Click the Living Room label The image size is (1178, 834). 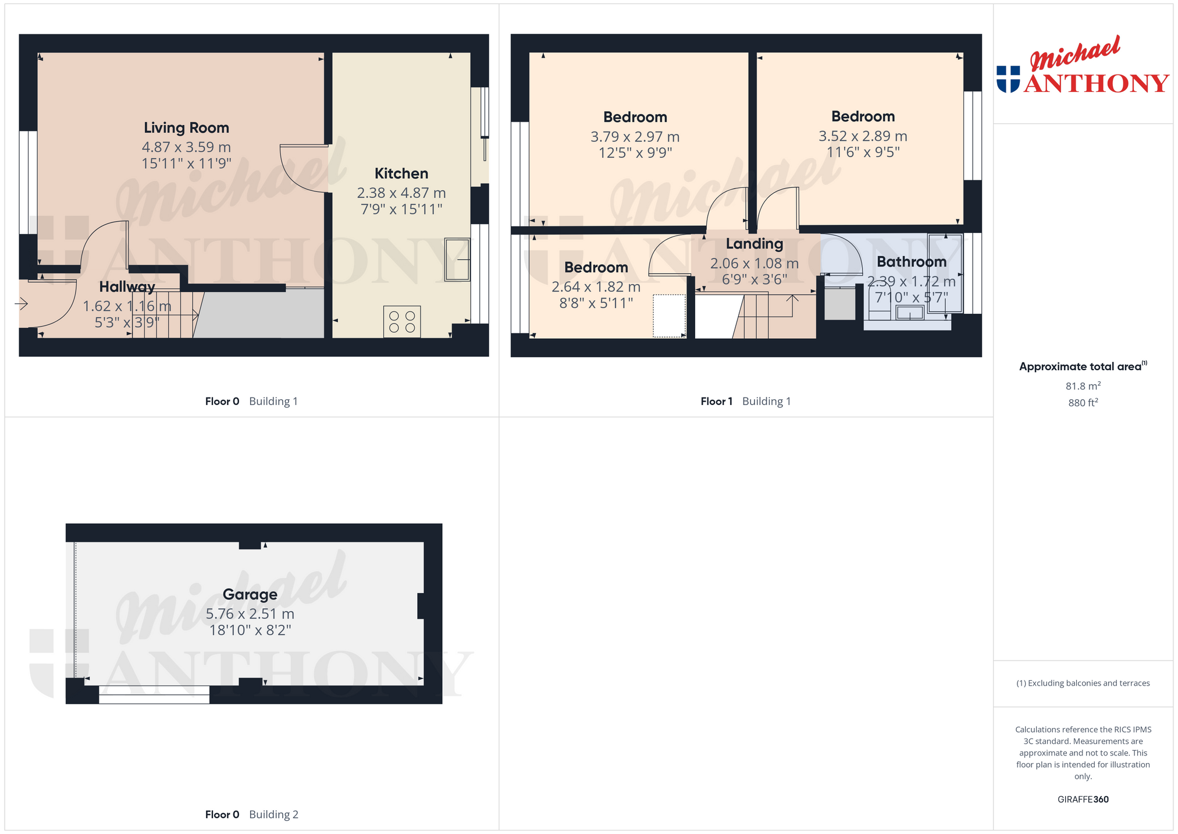click(x=186, y=128)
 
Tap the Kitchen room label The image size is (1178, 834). click(x=401, y=173)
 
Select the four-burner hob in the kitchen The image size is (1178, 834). click(x=402, y=322)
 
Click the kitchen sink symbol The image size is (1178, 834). click(x=457, y=260)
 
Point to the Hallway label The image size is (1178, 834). click(x=127, y=287)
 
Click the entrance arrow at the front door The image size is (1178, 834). click(x=22, y=303)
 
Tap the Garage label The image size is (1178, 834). click(x=250, y=594)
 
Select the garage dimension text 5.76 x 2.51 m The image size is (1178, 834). click(x=250, y=614)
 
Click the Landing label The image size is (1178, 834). click(x=755, y=244)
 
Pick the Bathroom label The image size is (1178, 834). click(x=912, y=262)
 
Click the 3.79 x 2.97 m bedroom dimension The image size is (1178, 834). click(x=635, y=137)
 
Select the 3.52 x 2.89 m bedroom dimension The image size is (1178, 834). click(x=863, y=136)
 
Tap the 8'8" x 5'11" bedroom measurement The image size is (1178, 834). click(x=596, y=303)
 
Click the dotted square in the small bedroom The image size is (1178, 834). click(x=669, y=315)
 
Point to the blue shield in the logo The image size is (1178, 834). click(x=1008, y=79)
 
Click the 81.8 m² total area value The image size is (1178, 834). click(x=1083, y=386)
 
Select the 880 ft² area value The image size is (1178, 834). click(x=1083, y=403)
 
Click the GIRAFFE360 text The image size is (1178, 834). click(x=1083, y=800)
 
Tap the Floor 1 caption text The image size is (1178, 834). click(x=717, y=402)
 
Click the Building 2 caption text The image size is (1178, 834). click(x=273, y=815)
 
